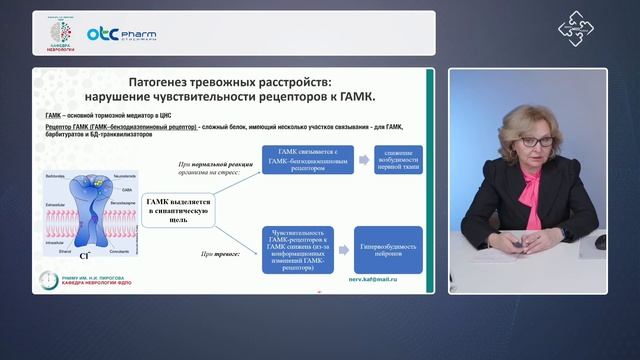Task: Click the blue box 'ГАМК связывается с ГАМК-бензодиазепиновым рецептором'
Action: tap(301, 161)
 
